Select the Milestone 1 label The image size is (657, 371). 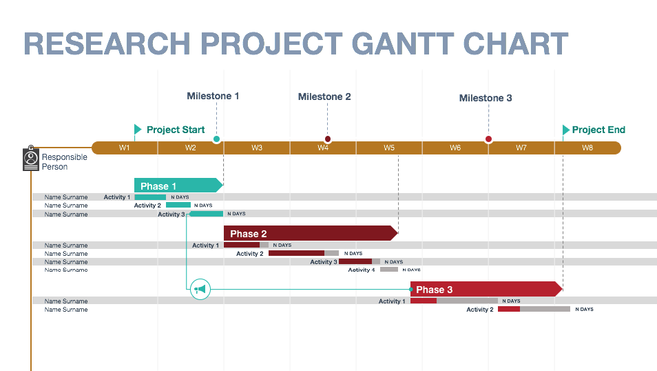(213, 96)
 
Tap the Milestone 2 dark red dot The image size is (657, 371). (328, 139)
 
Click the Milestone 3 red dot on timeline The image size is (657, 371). (488, 139)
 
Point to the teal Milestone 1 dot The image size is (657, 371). (216, 139)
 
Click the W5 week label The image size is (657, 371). (389, 148)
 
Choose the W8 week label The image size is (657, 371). (587, 148)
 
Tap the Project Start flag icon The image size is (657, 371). (138, 130)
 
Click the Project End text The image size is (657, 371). (598, 130)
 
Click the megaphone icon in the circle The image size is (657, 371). (200, 290)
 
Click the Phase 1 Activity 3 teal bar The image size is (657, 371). (206, 214)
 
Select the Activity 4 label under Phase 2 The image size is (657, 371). (362, 270)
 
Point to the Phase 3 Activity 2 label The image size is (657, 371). (480, 310)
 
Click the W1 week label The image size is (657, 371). (124, 148)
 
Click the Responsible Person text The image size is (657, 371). (64, 162)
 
